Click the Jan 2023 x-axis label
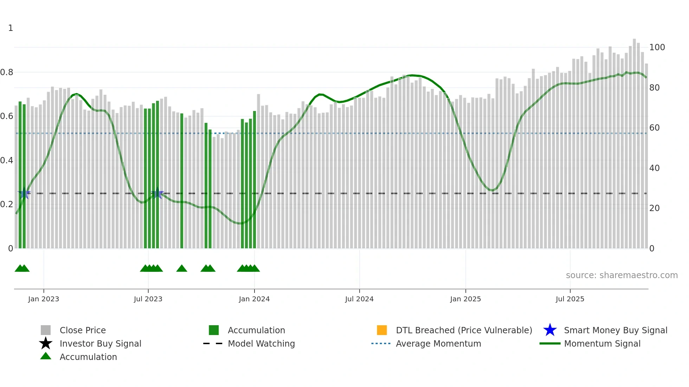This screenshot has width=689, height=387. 44,299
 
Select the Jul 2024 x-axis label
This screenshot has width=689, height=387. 359,299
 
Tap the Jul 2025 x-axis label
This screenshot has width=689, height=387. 570,299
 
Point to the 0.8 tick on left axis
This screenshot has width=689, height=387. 7,72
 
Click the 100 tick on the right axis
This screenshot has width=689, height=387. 657,47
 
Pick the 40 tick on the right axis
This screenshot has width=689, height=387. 654,168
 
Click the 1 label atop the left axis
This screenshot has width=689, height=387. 11,28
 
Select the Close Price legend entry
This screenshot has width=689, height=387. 83,330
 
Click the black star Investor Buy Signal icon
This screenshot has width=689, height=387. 46,343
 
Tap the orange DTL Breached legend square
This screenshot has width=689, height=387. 382,330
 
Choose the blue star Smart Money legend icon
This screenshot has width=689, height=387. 550,330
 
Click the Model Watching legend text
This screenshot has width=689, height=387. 261,343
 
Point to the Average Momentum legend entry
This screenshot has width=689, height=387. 438,343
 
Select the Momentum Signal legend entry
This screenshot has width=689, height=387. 602,343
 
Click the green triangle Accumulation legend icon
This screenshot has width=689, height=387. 46,356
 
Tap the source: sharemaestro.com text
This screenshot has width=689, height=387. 622,275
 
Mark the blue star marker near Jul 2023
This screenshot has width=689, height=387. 157,193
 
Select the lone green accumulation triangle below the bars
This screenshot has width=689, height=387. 182,269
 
